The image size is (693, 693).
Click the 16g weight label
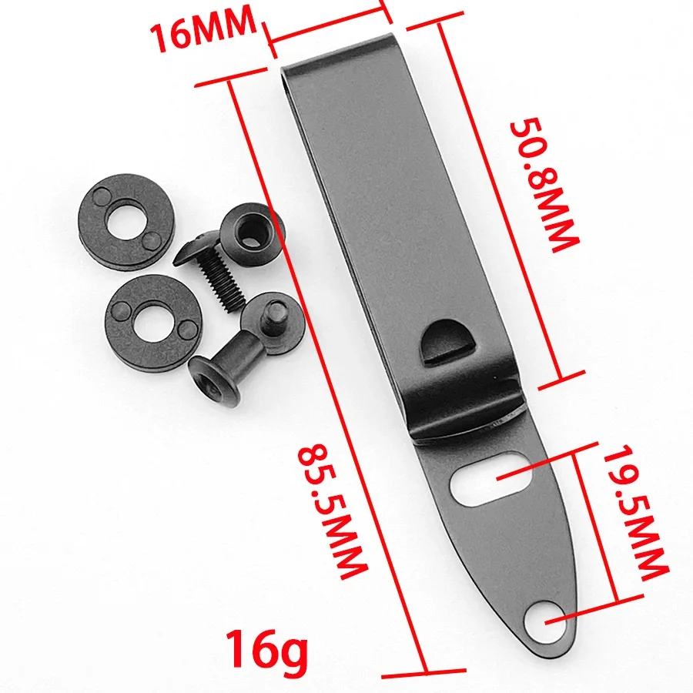pyautogui.click(x=265, y=648)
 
